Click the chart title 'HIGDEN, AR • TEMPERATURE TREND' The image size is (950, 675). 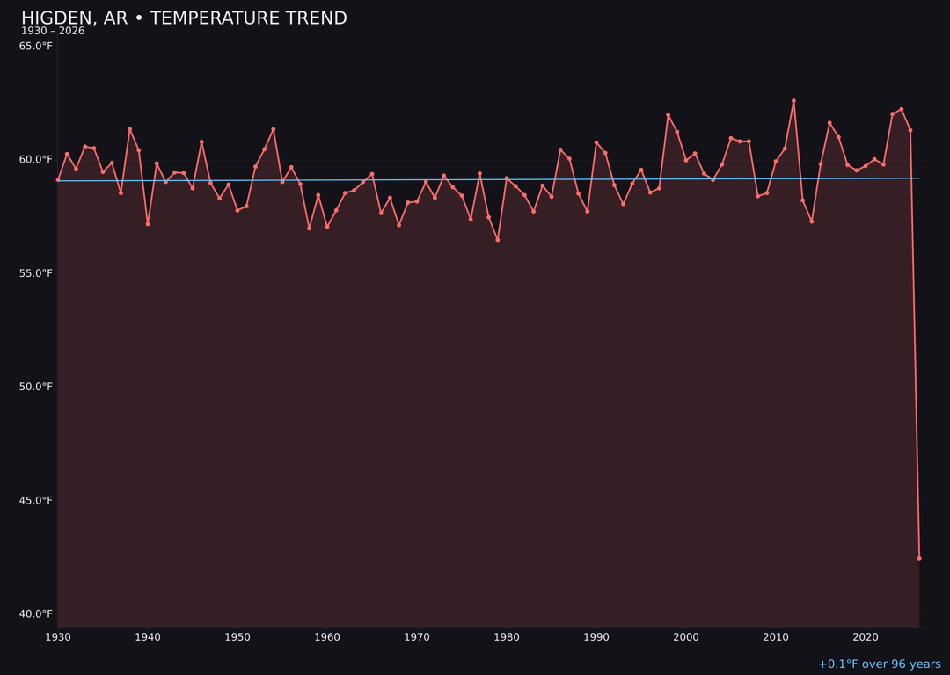coord(184,18)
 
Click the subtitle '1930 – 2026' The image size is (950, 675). coord(53,31)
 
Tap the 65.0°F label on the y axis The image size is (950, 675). coord(36,46)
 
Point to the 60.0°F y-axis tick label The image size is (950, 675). coord(36,159)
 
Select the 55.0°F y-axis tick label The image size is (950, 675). coord(36,273)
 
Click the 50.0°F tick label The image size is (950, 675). coord(36,387)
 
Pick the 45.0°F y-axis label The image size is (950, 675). coord(36,500)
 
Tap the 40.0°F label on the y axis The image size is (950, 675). coord(36,613)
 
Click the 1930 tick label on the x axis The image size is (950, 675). coord(58,637)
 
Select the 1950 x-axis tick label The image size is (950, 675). coord(237,637)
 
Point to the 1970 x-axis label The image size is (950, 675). coord(417,637)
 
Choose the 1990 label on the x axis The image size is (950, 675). coord(596,637)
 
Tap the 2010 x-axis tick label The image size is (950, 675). coord(776,637)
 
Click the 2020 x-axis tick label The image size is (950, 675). coord(866,637)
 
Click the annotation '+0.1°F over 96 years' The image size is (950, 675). coord(879,664)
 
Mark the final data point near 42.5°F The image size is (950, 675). coord(919,558)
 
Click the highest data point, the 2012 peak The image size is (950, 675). coord(793,101)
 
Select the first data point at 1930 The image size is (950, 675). coord(58,179)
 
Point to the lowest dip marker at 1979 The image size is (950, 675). coord(498,239)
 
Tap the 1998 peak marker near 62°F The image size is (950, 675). coord(668,115)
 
